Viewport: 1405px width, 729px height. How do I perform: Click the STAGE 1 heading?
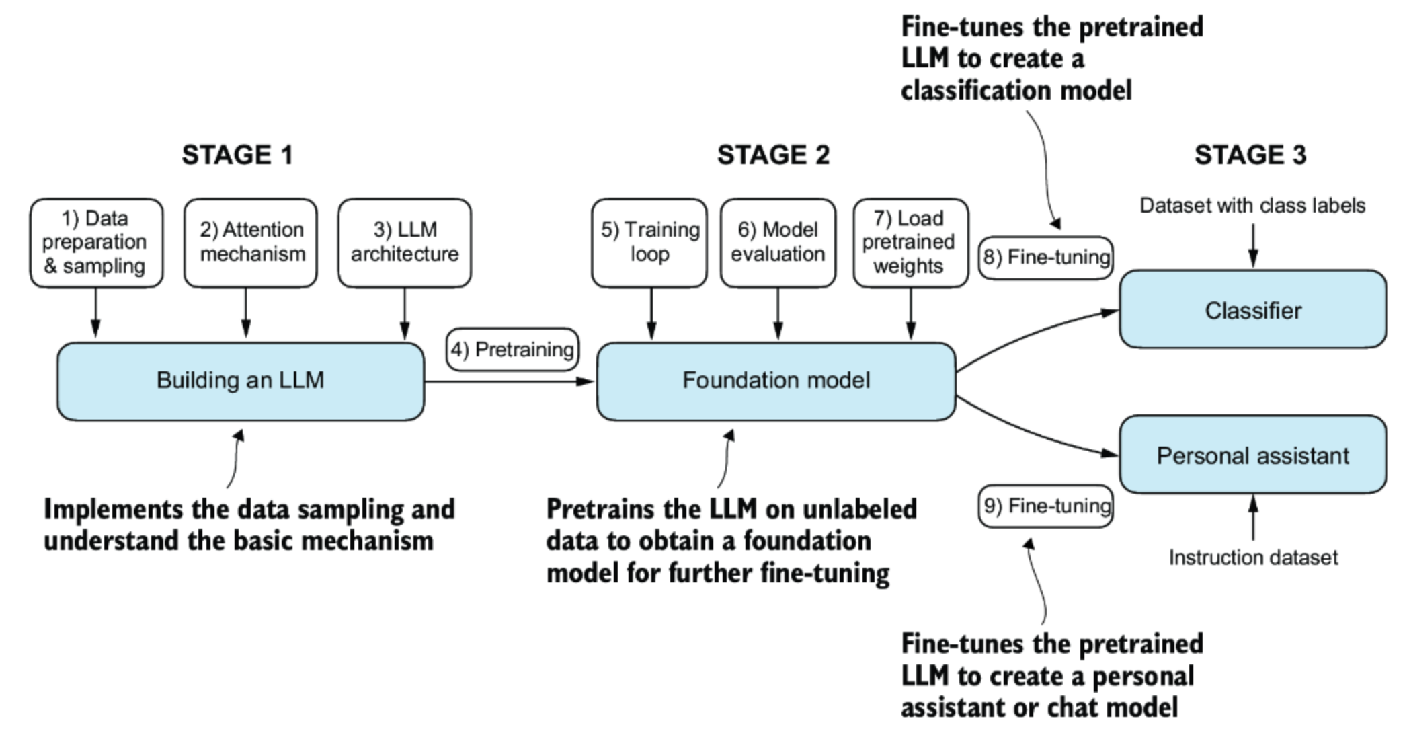237,155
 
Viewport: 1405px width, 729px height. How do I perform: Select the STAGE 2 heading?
773,155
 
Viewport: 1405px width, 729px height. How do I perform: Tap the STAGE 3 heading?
1250,155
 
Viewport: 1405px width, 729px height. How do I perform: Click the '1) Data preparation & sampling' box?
96,243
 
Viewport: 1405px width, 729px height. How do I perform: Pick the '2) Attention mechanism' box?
251,243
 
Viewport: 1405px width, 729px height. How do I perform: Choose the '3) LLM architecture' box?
405,243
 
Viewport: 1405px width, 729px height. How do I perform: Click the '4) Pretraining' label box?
512,350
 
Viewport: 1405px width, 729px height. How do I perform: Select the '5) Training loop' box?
649,243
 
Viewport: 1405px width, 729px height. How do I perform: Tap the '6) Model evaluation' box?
778,243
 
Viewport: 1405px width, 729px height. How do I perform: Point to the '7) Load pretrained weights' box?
911,243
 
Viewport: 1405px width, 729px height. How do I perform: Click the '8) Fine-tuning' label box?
1045,258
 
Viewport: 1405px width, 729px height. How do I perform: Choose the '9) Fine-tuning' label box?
1045,506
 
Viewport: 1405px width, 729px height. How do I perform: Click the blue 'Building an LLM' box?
241,381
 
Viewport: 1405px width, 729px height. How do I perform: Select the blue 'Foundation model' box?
776,381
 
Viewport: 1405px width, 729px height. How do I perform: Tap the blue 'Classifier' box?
1253,309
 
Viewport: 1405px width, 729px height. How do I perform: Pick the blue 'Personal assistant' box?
1253,455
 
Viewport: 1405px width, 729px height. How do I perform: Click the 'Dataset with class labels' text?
1252,205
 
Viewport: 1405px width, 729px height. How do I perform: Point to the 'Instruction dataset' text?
1253,558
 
